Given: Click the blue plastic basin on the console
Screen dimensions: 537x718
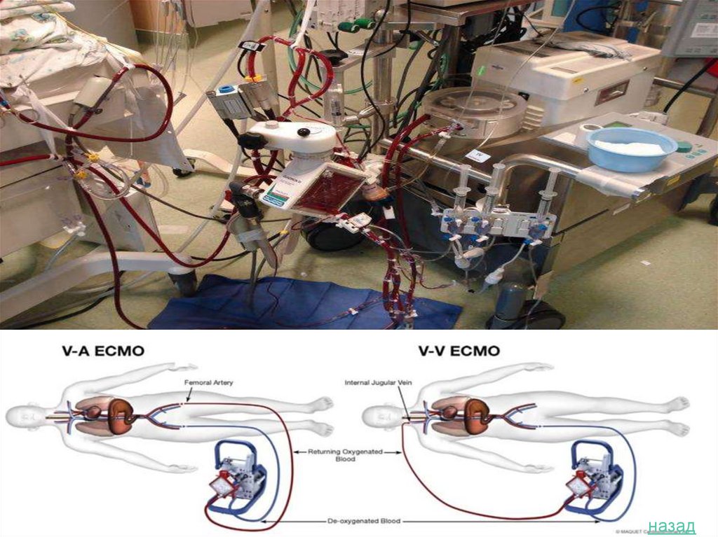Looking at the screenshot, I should [631, 148].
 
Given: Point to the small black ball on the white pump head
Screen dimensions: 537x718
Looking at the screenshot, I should [303, 132].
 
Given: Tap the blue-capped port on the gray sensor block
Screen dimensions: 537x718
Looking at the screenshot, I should [226, 91].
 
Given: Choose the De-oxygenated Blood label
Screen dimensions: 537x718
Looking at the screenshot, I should [365, 521].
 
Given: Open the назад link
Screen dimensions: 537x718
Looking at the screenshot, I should [671, 525].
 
